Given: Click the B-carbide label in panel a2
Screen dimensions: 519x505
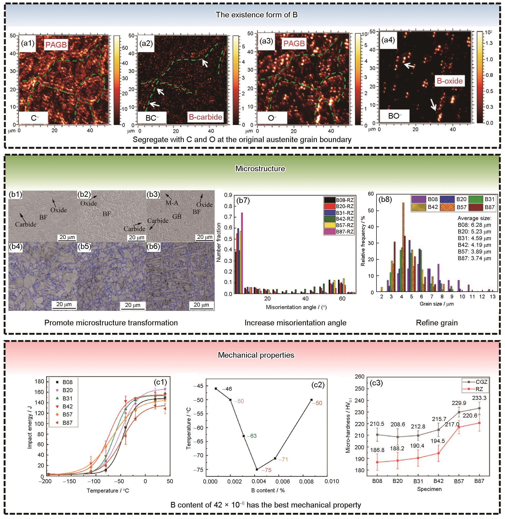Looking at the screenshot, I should click(206, 117).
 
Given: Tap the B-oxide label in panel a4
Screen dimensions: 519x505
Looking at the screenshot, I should click(450, 81).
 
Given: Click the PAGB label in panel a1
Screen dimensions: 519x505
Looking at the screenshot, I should click(56, 45).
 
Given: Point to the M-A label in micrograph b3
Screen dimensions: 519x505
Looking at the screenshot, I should click(172, 203).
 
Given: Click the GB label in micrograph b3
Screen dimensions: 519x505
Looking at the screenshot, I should click(177, 216).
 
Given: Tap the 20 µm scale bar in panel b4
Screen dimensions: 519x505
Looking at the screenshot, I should click(64, 305).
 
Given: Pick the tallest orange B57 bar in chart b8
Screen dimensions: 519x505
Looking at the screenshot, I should click(403, 247).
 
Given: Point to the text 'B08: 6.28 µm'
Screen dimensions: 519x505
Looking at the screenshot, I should click(474, 225).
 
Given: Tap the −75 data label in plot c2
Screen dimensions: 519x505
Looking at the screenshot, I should click(266, 470).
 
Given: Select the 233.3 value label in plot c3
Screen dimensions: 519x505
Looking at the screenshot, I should click(479, 398).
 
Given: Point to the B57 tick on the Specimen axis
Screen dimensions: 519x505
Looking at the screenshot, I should click(459, 481).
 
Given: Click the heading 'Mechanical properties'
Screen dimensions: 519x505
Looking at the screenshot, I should click(256, 355).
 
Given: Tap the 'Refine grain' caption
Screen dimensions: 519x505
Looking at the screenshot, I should click(437, 323).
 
